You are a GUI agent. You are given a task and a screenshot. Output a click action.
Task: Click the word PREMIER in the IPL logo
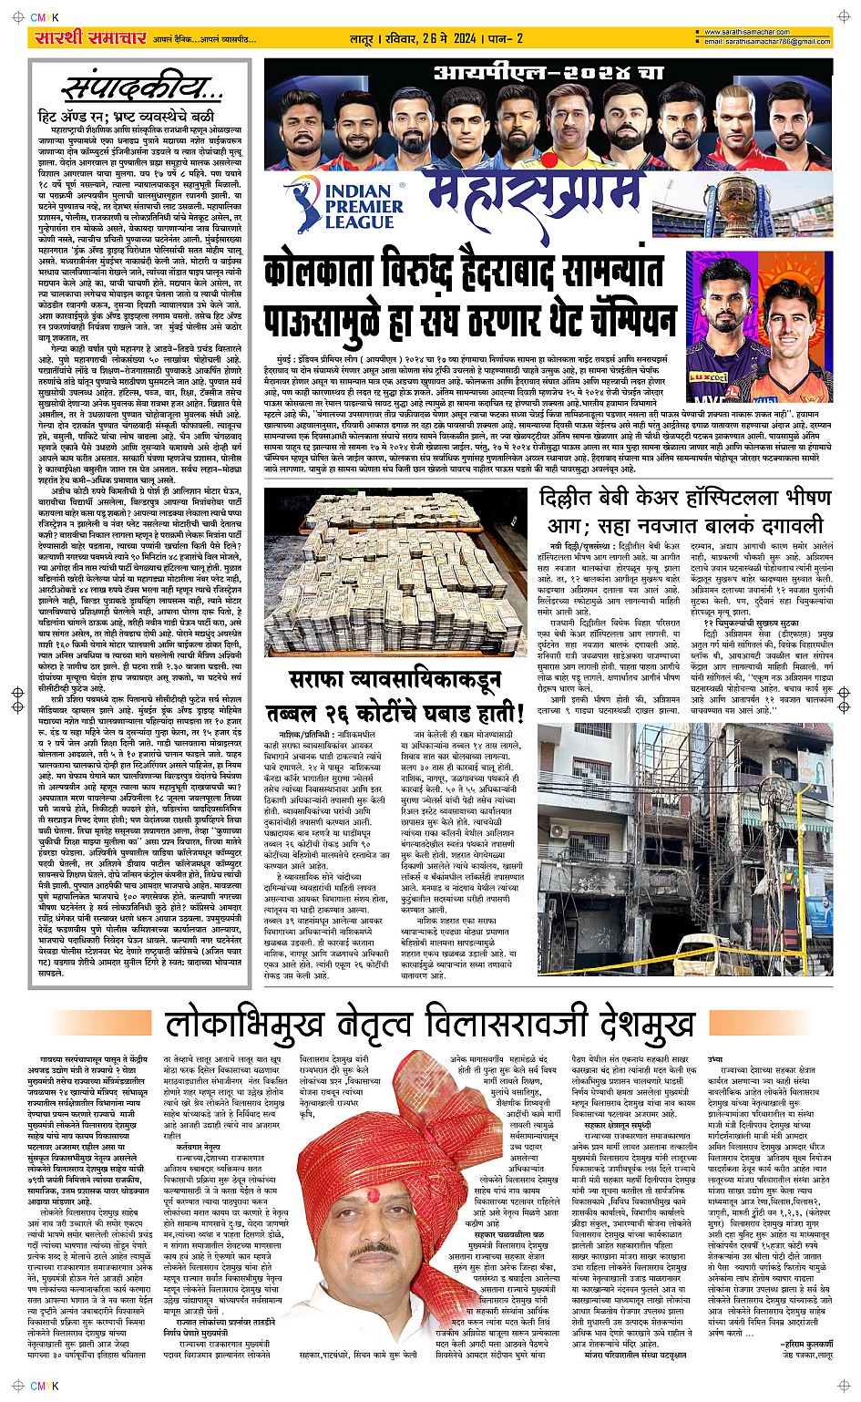pos(364,207)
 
